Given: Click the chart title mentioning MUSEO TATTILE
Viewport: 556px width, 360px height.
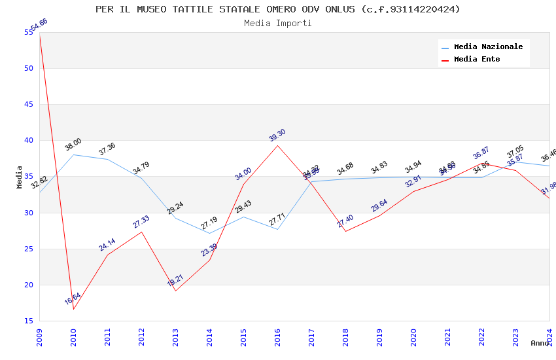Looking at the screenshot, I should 278,9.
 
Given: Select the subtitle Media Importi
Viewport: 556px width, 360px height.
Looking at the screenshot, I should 278,23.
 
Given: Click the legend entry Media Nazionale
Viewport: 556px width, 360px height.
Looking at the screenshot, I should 488,46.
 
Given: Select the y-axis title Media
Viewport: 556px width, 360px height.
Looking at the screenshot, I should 20,177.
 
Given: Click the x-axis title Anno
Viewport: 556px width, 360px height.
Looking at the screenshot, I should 540,343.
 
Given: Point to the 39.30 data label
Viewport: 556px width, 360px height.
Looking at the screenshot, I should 277,135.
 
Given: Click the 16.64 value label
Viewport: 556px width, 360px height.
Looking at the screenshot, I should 73,299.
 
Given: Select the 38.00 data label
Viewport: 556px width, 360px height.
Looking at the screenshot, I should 73,145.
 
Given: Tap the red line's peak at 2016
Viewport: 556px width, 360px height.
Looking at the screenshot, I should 277,145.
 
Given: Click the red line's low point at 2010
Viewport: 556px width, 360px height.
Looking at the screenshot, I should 73,309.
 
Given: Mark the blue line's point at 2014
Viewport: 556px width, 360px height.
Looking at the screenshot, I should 209,233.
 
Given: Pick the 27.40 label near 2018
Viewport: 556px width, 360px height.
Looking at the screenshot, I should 345,221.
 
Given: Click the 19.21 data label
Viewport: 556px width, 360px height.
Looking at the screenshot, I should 175,281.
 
